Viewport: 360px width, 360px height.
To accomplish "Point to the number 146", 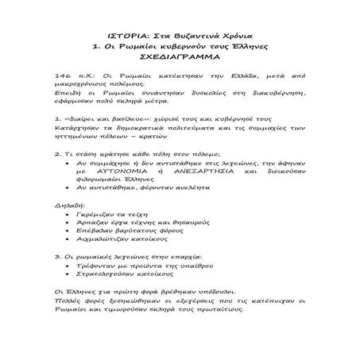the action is tap(56, 93).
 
